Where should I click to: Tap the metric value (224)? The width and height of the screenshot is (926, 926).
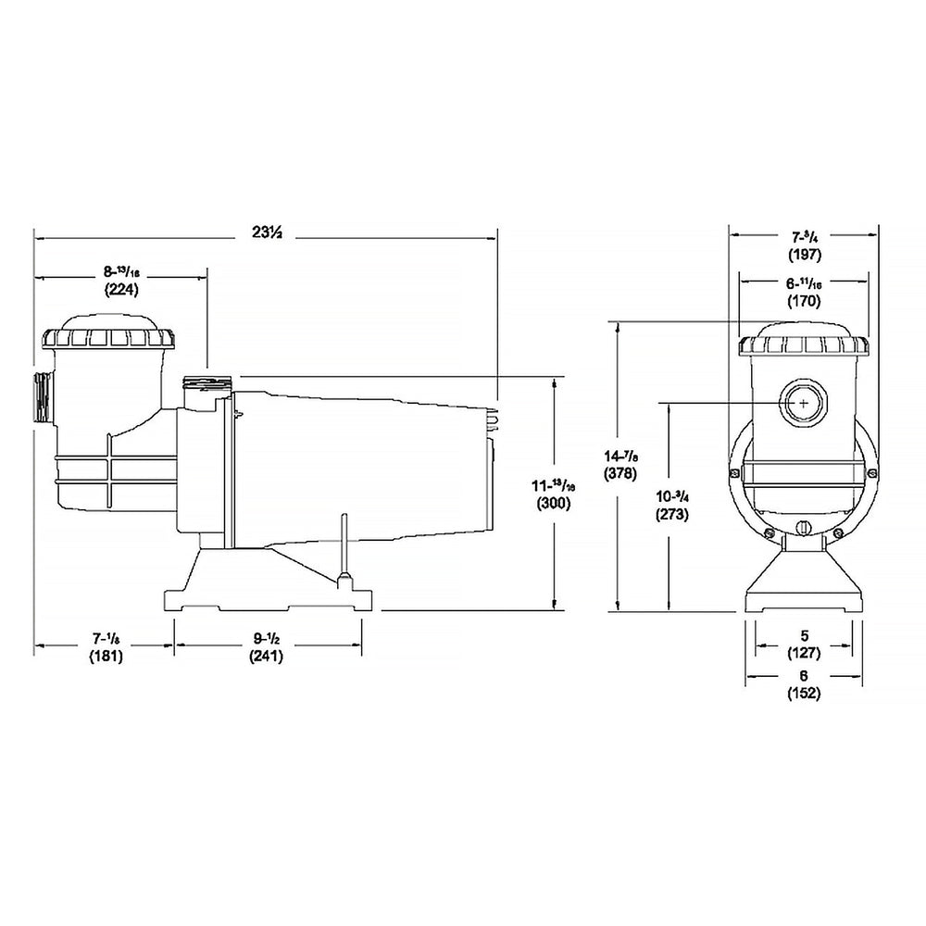(120, 289)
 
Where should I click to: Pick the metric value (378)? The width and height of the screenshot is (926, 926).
(619, 472)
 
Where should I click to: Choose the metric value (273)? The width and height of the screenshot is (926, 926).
(671, 515)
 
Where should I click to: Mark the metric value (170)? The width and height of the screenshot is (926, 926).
(802, 300)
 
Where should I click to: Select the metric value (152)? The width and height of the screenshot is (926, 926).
(804, 694)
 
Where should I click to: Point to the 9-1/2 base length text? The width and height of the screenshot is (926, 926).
(266, 639)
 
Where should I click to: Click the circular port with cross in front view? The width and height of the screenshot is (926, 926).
(802, 404)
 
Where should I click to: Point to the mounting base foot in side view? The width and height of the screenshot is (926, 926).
(269, 597)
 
